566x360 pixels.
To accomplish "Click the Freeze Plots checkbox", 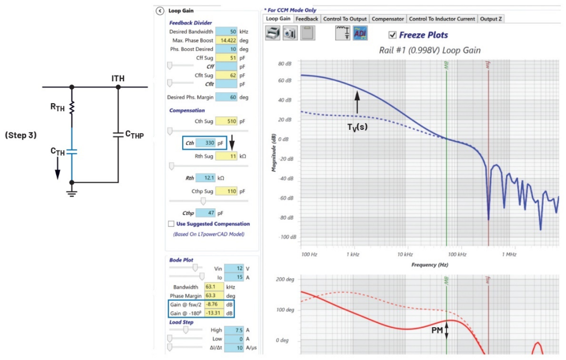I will pyautogui.click(x=392, y=35).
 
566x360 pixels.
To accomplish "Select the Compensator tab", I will pyautogui.click(x=388, y=19).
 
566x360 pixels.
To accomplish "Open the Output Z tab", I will pyautogui.click(x=491, y=19).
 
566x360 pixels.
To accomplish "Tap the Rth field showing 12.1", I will pyautogui.click(x=206, y=178).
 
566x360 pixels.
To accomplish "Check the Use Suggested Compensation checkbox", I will pyautogui.click(x=171, y=224).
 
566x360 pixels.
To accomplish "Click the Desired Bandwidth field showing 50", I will pyautogui.click(x=227, y=32).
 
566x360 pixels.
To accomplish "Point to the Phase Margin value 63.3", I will pyautogui.click(x=210, y=296).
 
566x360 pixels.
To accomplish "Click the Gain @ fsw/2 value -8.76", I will pyautogui.click(x=210, y=304).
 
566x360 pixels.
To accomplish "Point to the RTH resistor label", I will pyautogui.click(x=57, y=108).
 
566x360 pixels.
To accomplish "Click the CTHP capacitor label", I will pyautogui.click(x=134, y=134).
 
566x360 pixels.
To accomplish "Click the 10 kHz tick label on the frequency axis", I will pyautogui.click(x=404, y=255).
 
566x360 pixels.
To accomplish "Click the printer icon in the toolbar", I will pyautogui.click(x=273, y=33).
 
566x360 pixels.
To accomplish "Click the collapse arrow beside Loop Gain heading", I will pyautogui.click(x=160, y=10).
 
